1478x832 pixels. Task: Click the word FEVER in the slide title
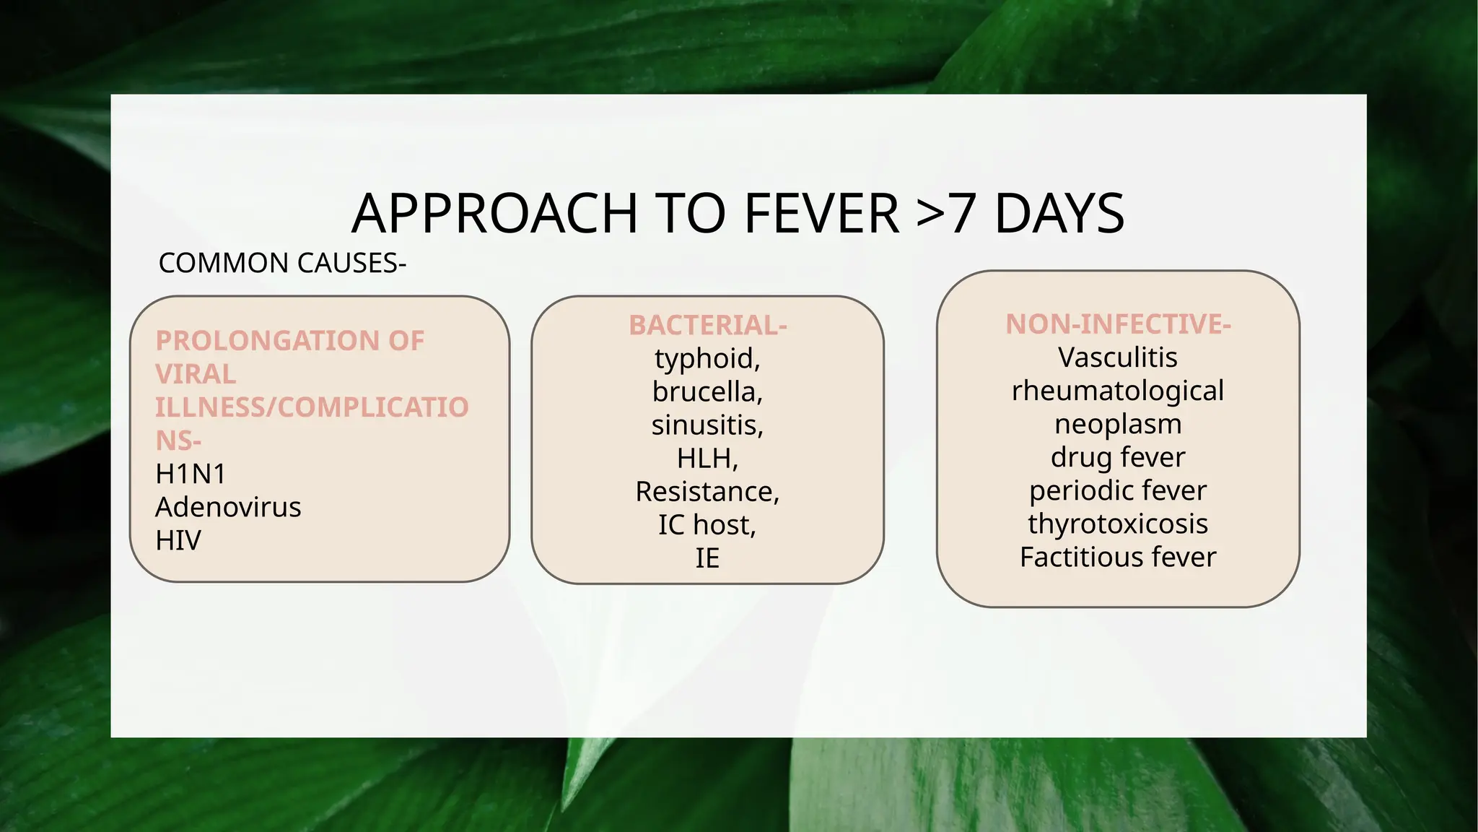(821, 214)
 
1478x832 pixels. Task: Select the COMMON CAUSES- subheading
(282, 264)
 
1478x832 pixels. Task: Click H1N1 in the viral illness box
(191, 474)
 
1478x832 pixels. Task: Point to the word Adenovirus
(228, 508)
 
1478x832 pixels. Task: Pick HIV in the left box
(178, 541)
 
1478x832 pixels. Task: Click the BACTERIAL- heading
(707, 326)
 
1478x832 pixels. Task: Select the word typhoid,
(707, 359)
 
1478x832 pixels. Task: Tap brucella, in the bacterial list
(707, 392)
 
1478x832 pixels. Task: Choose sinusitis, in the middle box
(707, 425)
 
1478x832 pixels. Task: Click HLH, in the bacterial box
(707, 459)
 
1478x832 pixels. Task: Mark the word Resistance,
(707, 492)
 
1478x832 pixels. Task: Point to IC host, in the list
(707, 525)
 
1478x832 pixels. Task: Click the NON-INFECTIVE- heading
(1118, 325)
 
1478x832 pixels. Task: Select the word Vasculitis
(1118, 358)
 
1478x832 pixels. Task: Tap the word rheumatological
(1118, 391)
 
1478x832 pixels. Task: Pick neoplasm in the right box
(1118, 425)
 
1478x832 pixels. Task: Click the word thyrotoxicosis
(1118, 524)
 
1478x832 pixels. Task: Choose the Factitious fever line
(1118, 558)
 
